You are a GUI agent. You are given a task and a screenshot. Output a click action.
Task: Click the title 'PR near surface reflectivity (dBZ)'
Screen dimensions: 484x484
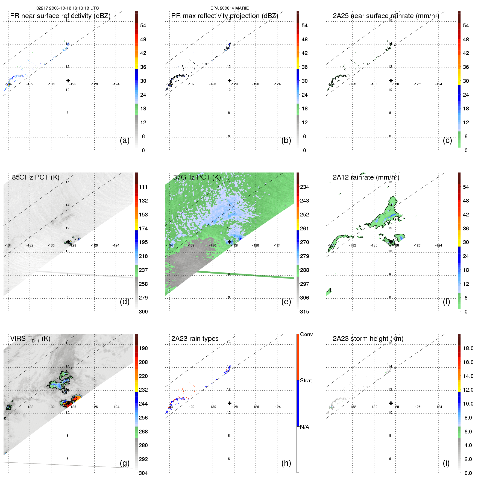[x=60, y=16]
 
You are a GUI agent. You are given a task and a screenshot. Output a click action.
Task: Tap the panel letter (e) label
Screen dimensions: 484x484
[x=286, y=301]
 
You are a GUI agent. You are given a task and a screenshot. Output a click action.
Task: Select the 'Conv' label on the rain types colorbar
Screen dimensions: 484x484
[x=306, y=334]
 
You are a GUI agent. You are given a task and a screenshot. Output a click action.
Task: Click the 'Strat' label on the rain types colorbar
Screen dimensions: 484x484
[x=306, y=380]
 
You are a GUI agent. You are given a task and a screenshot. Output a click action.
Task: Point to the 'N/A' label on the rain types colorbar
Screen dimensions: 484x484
[x=304, y=427]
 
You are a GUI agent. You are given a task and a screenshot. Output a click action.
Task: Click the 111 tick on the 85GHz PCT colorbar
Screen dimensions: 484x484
[x=143, y=187]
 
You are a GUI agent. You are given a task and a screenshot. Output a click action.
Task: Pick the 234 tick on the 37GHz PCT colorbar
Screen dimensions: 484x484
[x=304, y=187]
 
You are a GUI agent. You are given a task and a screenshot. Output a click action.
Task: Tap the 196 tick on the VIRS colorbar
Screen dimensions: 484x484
[x=143, y=348]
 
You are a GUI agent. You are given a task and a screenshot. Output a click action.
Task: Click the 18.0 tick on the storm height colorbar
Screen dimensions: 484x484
[x=468, y=348]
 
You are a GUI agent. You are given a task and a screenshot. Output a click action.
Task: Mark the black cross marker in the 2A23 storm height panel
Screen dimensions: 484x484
[x=391, y=403]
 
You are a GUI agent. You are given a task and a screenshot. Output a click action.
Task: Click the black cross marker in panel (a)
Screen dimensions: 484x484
[x=68, y=80]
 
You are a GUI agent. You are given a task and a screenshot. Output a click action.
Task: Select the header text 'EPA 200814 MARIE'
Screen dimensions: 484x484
[x=230, y=8]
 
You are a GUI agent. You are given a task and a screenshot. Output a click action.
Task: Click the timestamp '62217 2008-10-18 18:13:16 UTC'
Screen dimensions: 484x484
[x=68, y=8]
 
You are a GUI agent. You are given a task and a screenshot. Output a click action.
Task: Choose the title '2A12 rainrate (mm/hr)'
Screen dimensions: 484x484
[x=366, y=177]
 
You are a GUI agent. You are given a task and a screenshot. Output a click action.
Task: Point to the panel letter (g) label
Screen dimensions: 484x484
[x=124, y=463]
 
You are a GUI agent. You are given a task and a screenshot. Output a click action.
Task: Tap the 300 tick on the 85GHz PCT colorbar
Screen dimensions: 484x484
[x=143, y=312]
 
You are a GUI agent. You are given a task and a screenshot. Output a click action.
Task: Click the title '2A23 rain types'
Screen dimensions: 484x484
[x=195, y=339]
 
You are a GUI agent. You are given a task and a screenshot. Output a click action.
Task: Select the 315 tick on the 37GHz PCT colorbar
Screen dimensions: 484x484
[x=304, y=312]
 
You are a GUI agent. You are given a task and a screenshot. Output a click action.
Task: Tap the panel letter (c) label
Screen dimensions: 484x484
[x=447, y=140]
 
